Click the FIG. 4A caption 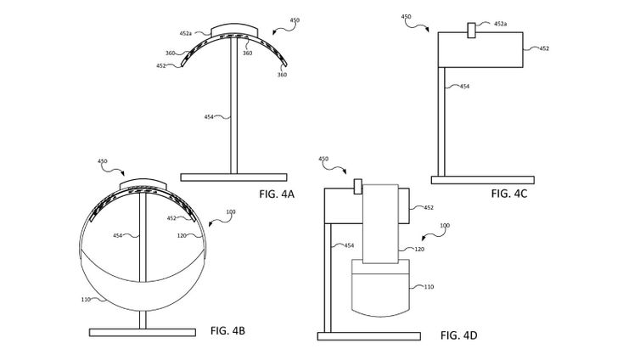277,194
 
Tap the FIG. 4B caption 227,330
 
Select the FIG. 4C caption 509,193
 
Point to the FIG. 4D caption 458,335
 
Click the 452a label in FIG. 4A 185,33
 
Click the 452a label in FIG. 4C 500,24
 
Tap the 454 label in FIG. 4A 209,117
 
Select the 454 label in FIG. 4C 464,86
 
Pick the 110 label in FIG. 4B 86,299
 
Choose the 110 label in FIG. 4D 429,287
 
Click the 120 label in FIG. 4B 182,235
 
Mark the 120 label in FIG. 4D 419,249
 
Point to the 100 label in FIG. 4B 231,211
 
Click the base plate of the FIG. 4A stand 233,177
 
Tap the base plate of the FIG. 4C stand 482,180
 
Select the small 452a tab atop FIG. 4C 471,31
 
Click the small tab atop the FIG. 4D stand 358,186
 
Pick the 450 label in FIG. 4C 406,17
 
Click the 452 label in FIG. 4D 429,208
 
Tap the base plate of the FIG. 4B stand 142,333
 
